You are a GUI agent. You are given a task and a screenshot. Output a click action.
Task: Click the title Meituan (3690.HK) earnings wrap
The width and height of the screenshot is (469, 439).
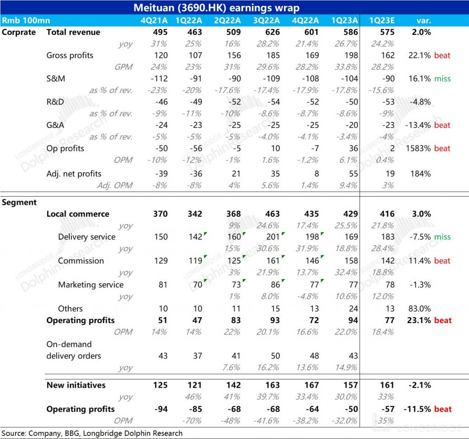tap(217, 8)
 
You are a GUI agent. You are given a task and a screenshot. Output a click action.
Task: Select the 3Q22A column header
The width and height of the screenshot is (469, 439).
tap(267, 21)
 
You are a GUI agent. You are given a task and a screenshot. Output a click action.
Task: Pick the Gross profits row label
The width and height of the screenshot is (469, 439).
tap(70, 55)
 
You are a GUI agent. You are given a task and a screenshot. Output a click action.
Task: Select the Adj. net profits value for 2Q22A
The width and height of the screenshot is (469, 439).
tap(237, 174)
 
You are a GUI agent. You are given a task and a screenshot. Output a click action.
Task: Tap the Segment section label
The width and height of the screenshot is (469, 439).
tap(19, 202)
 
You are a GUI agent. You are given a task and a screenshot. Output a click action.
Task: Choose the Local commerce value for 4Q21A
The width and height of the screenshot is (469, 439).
tap(160, 214)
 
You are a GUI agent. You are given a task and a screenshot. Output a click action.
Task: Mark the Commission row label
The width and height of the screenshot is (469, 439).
tap(81, 261)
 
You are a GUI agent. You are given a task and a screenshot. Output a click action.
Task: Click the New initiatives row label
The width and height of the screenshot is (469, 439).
tap(76, 385)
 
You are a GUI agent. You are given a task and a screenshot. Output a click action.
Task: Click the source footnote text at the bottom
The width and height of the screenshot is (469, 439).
tap(92, 433)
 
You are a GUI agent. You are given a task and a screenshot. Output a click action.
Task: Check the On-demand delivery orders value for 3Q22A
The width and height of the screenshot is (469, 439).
tap(275, 356)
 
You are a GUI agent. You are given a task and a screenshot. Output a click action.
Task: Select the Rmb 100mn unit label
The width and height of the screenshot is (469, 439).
tap(26, 21)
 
